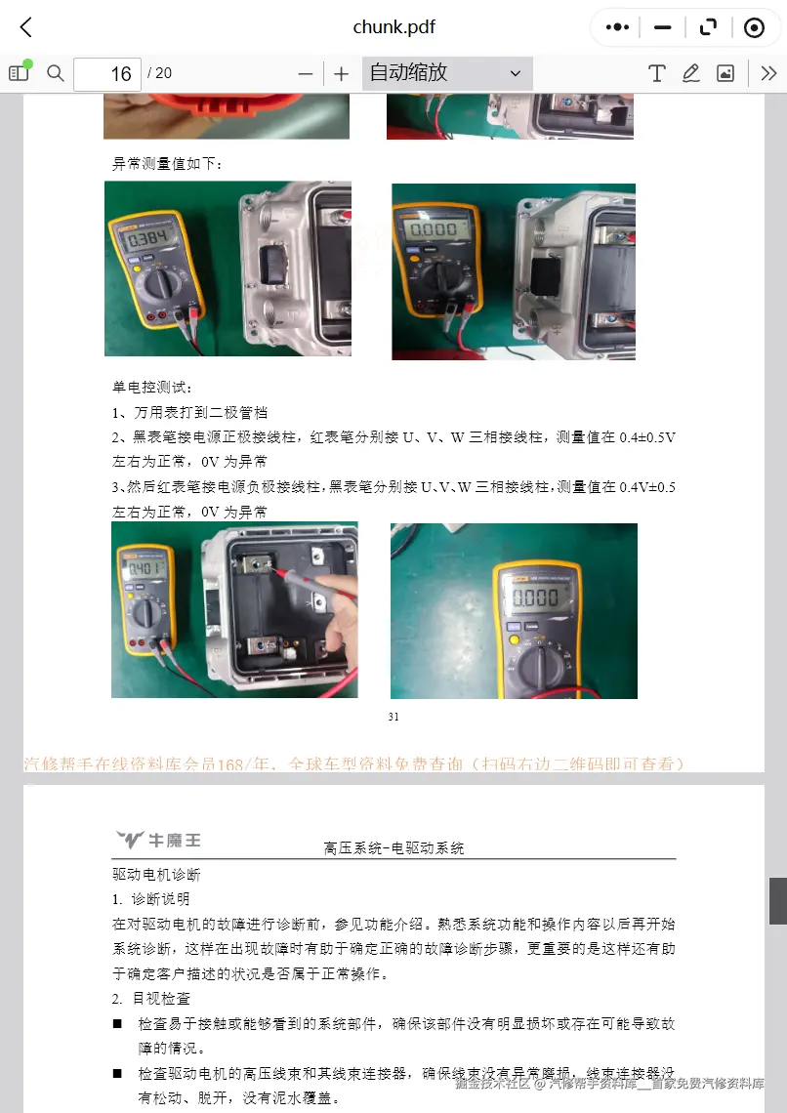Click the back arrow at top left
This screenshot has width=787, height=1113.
(x=26, y=27)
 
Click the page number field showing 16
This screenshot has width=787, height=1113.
(x=107, y=74)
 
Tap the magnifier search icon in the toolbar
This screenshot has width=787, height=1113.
(x=56, y=73)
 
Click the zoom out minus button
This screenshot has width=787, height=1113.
(x=306, y=74)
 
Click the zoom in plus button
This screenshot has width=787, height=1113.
(x=341, y=74)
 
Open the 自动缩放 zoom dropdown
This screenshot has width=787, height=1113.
(x=447, y=73)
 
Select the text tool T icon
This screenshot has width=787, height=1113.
(x=657, y=73)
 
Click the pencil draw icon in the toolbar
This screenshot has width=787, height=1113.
(x=691, y=73)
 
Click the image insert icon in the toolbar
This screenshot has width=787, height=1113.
(x=725, y=73)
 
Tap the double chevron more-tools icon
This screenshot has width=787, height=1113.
(x=768, y=73)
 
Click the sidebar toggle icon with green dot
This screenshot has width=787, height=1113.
(x=19, y=72)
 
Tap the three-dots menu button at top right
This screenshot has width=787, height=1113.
(x=617, y=27)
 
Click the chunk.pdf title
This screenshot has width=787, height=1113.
(x=393, y=27)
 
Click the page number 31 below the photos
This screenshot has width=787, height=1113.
(x=393, y=717)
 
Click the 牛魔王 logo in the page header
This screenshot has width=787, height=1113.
(x=158, y=840)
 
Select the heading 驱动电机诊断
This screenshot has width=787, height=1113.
(x=156, y=875)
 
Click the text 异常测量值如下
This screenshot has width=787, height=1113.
(x=167, y=163)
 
